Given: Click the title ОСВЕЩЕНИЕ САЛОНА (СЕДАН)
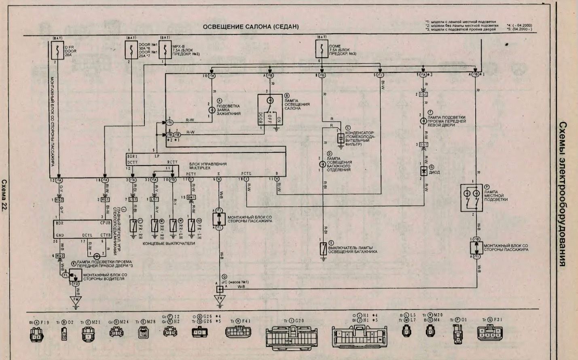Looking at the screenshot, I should click(x=250, y=27).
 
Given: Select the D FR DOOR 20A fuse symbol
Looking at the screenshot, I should click(x=56, y=51).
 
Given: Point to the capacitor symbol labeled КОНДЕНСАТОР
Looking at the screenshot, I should click(x=341, y=138).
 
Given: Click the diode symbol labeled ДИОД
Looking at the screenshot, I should click(x=423, y=171).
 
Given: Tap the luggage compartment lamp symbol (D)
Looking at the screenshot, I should click(x=322, y=164).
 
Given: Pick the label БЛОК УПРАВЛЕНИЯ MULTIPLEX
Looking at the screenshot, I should click(x=208, y=166).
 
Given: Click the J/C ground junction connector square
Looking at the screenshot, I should click(x=220, y=289).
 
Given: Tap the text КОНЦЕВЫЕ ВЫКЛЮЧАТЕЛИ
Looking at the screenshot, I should click(x=169, y=244).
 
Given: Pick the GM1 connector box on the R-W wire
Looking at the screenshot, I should click(x=191, y=197).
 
